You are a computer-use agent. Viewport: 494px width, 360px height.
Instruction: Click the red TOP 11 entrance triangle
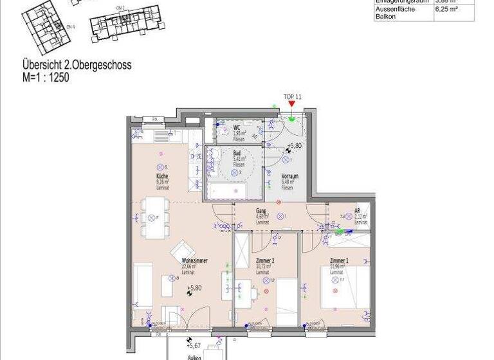(292, 104)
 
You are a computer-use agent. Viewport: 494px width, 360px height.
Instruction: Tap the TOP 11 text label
(293, 96)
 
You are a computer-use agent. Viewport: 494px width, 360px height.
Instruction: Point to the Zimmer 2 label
(265, 261)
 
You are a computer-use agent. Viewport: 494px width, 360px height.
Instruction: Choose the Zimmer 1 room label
(339, 260)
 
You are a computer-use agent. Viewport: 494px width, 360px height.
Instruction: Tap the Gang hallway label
(261, 210)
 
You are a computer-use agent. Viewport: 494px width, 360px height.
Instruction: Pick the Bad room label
(237, 153)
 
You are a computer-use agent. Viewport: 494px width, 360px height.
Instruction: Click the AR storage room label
(358, 210)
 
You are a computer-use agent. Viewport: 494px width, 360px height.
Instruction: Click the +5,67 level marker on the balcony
(195, 345)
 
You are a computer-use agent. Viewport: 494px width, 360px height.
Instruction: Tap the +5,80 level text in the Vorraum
(295, 146)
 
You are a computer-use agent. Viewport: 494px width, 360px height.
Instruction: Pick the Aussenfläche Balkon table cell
(395, 13)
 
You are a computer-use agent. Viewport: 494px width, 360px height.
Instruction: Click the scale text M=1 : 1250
(46, 78)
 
